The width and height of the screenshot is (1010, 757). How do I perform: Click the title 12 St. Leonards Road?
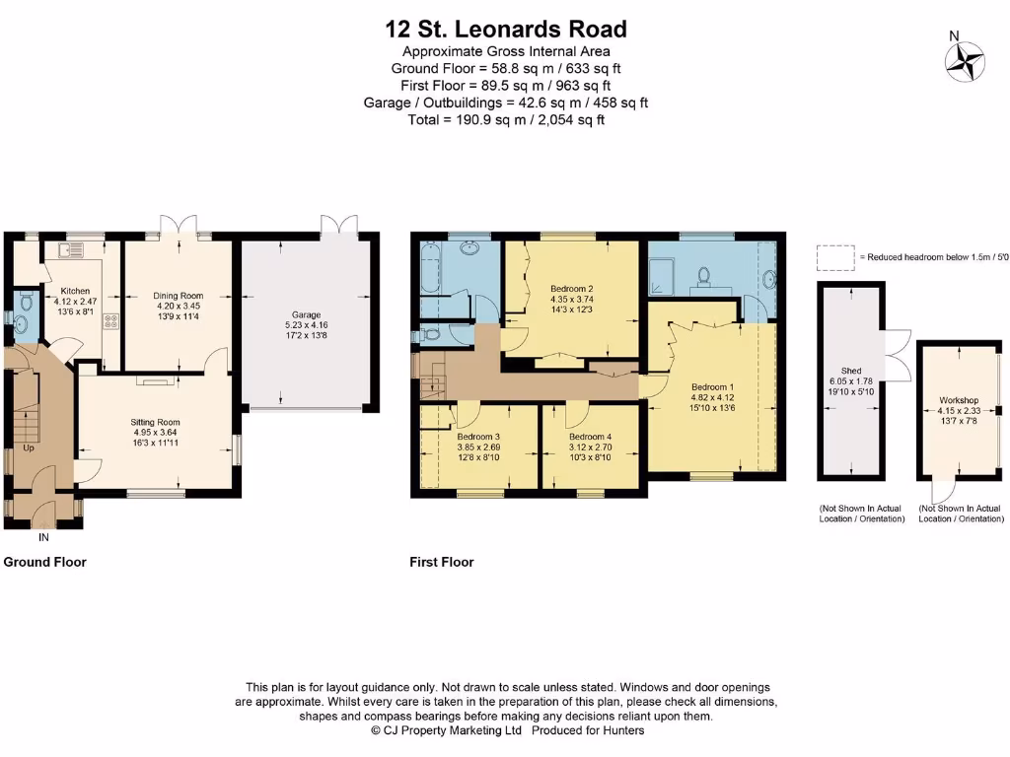click(505, 30)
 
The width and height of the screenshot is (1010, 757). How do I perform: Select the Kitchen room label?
click(76, 292)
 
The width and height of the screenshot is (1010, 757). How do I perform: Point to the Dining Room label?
click(178, 295)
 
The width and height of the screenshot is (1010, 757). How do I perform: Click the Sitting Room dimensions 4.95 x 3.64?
click(156, 433)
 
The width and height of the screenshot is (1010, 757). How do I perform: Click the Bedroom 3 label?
click(478, 437)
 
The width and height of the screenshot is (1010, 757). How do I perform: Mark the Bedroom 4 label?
click(590, 437)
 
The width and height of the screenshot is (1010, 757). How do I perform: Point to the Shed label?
click(851, 371)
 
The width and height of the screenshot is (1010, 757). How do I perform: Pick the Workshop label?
click(958, 401)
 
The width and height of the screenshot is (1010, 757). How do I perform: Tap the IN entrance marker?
click(43, 538)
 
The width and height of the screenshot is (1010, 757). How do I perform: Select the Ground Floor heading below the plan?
click(45, 562)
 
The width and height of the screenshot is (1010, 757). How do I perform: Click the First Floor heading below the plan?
click(442, 562)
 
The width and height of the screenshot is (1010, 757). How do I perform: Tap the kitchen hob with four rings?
click(110, 321)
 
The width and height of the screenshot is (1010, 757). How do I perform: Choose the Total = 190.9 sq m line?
click(505, 119)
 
